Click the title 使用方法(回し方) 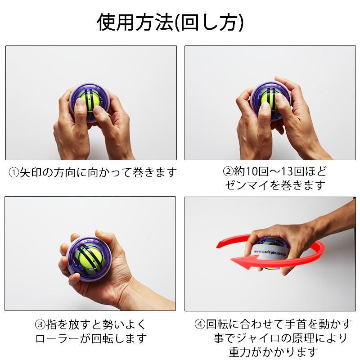[171, 22]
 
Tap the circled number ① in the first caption [14, 173]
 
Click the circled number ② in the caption [228, 172]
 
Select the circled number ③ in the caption [40, 325]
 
